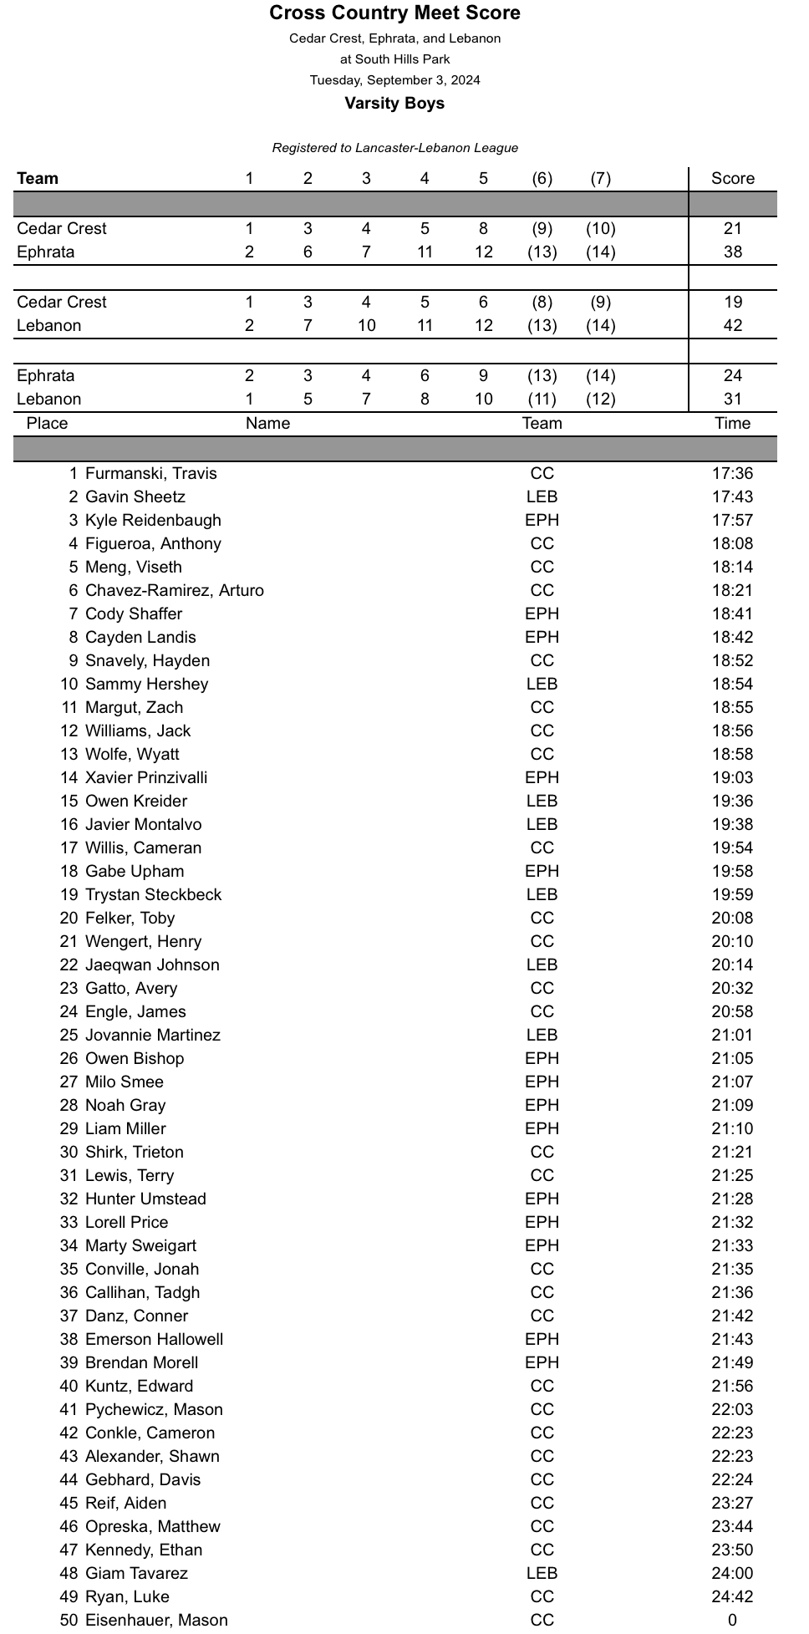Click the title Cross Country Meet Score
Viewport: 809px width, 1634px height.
click(x=394, y=13)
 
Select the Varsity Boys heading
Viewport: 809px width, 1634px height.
click(x=394, y=103)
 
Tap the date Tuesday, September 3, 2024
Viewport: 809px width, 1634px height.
click(x=394, y=80)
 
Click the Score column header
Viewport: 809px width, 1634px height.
click(x=732, y=178)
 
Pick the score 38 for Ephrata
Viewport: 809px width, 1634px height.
click(x=732, y=252)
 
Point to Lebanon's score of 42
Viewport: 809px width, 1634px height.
click(x=732, y=325)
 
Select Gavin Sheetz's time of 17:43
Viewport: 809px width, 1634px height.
click(x=732, y=496)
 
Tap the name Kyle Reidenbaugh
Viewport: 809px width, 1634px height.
click(x=153, y=520)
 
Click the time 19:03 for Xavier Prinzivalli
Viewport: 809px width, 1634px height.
click(x=732, y=777)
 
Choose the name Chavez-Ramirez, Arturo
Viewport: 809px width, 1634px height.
click(x=174, y=590)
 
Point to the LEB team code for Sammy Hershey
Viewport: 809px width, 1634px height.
click(x=542, y=684)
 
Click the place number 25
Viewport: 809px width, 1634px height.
click(x=69, y=1035)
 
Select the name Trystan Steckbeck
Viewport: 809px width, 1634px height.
click(x=153, y=894)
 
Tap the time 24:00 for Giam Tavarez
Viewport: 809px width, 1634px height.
click(x=732, y=1573)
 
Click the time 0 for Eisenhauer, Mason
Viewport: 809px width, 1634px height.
click(x=732, y=1620)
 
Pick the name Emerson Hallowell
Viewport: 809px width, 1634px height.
click(x=154, y=1339)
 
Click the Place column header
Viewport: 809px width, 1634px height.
click(x=47, y=423)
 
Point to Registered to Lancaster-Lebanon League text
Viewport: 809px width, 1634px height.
click(x=394, y=148)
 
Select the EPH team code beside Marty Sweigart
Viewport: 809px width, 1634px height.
click(x=542, y=1245)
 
